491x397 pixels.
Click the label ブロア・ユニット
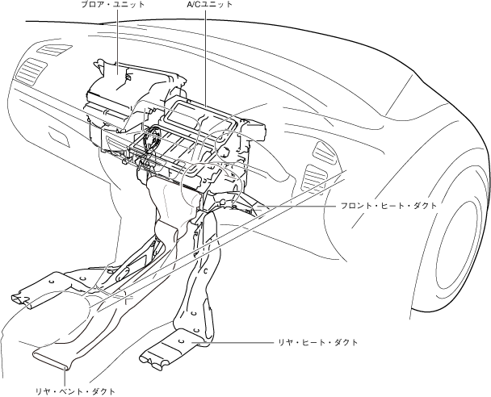114,5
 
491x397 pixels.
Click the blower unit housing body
121,81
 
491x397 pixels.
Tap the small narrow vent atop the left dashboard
52,49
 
